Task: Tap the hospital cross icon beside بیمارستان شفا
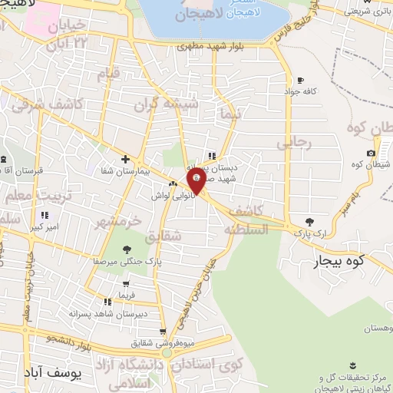pyautogui.click(x=125, y=159)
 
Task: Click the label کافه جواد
pyautogui.click(x=303, y=90)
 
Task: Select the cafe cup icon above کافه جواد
pyautogui.click(x=300, y=79)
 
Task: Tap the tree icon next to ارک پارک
pyautogui.click(x=309, y=221)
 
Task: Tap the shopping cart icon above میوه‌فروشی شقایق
pyautogui.click(x=162, y=332)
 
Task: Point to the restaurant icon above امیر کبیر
pyautogui.click(x=44, y=215)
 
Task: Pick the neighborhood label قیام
pyautogui.click(x=108, y=74)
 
